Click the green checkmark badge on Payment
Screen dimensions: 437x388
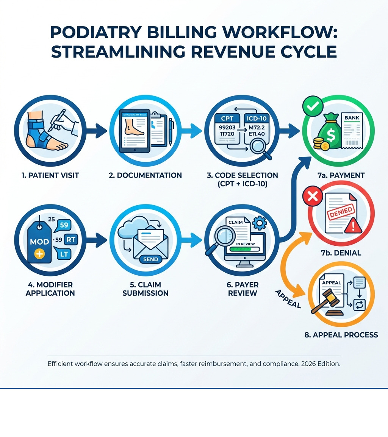(313, 106)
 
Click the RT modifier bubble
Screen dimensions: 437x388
(70, 239)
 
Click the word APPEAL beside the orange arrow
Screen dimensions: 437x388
(288, 299)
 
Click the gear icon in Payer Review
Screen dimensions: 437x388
(259, 223)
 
